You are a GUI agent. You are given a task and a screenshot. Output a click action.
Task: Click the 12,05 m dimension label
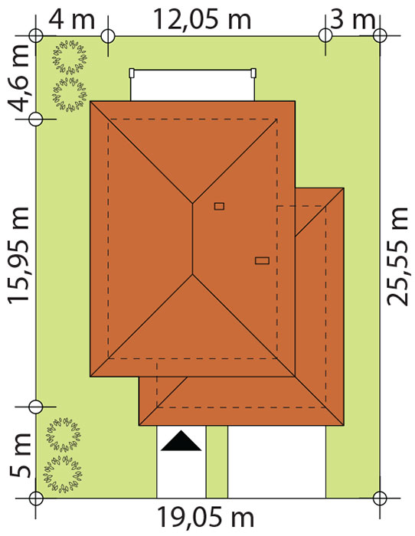pyautogui.click(x=202, y=19)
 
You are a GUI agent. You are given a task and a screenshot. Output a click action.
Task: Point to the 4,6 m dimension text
pyautogui.click(x=20, y=78)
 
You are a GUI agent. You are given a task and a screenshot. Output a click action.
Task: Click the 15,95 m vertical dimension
pyautogui.click(x=19, y=255)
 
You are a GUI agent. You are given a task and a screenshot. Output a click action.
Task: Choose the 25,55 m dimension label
pyautogui.click(x=397, y=256)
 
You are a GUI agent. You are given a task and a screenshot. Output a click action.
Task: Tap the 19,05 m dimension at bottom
pyautogui.click(x=205, y=518)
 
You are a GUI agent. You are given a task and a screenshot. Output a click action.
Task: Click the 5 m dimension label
pyautogui.click(x=20, y=456)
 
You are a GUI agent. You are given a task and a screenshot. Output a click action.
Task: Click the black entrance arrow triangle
pyautogui.click(x=181, y=441)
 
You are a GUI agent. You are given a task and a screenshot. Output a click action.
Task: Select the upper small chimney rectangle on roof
pyautogui.click(x=219, y=206)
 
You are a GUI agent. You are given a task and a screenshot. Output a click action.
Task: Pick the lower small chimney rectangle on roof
pyautogui.click(x=262, y=261)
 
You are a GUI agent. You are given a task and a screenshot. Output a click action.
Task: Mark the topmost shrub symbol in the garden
pyautogui.click(x=70, y=57)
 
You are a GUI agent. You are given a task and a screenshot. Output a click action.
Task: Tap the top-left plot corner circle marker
pyautogui.click(x=35, y=35)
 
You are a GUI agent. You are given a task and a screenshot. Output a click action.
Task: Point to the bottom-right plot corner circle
pyautogui.click(x=380, y=498)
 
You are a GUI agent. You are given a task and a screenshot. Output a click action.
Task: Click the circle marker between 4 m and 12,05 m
pyautogui.click(x=108, y=35)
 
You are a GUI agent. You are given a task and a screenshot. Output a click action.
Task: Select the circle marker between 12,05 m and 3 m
pyautogui.click(x=325, y=35)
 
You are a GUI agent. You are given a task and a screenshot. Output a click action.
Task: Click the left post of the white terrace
pyautogui.click(x=131, y=73)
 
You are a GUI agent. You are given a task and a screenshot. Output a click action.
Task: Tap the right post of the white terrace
pyautogui.click(x=253, y=73)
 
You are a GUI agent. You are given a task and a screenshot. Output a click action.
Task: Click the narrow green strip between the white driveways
pyautogui.click(x=217, y=462)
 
